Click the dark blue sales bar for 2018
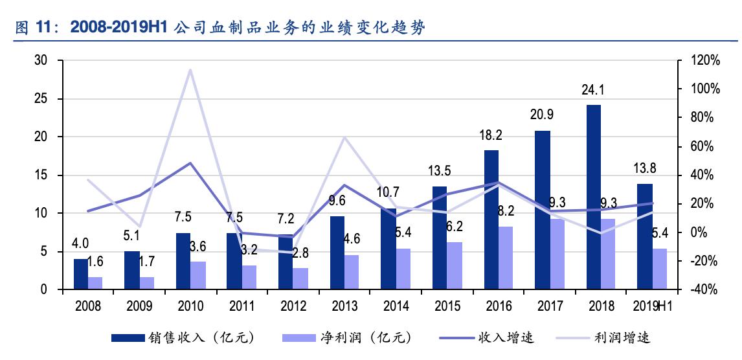pos(594,197)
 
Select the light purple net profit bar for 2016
pos(505,258)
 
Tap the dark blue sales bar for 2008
pos(80,274)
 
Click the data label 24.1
pos(593,89)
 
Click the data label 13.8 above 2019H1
pos(645,169)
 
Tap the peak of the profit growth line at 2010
pos(190,69)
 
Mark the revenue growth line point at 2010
pos(190,163)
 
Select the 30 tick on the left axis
pos(41,61)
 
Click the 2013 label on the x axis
pos(344,306)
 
